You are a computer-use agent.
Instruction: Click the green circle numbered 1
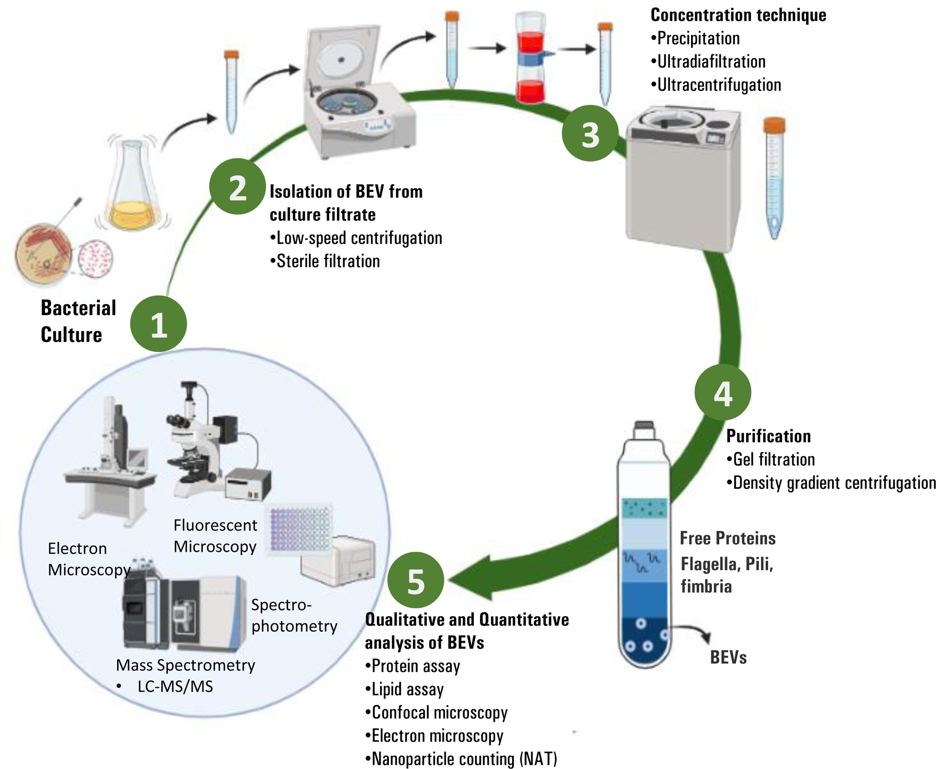158,324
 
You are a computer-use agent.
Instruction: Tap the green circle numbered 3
590,134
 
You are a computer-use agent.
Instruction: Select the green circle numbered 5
415,580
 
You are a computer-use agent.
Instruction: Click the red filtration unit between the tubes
530,58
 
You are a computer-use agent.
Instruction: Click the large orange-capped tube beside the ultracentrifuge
774,177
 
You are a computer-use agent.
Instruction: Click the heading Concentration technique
738,15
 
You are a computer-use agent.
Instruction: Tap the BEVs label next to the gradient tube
728,658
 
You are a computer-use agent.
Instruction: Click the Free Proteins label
727,538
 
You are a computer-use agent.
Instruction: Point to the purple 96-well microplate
301,528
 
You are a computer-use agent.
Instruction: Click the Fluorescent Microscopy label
215,536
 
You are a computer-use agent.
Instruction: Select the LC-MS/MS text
175,687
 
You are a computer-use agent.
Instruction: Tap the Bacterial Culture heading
78,321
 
